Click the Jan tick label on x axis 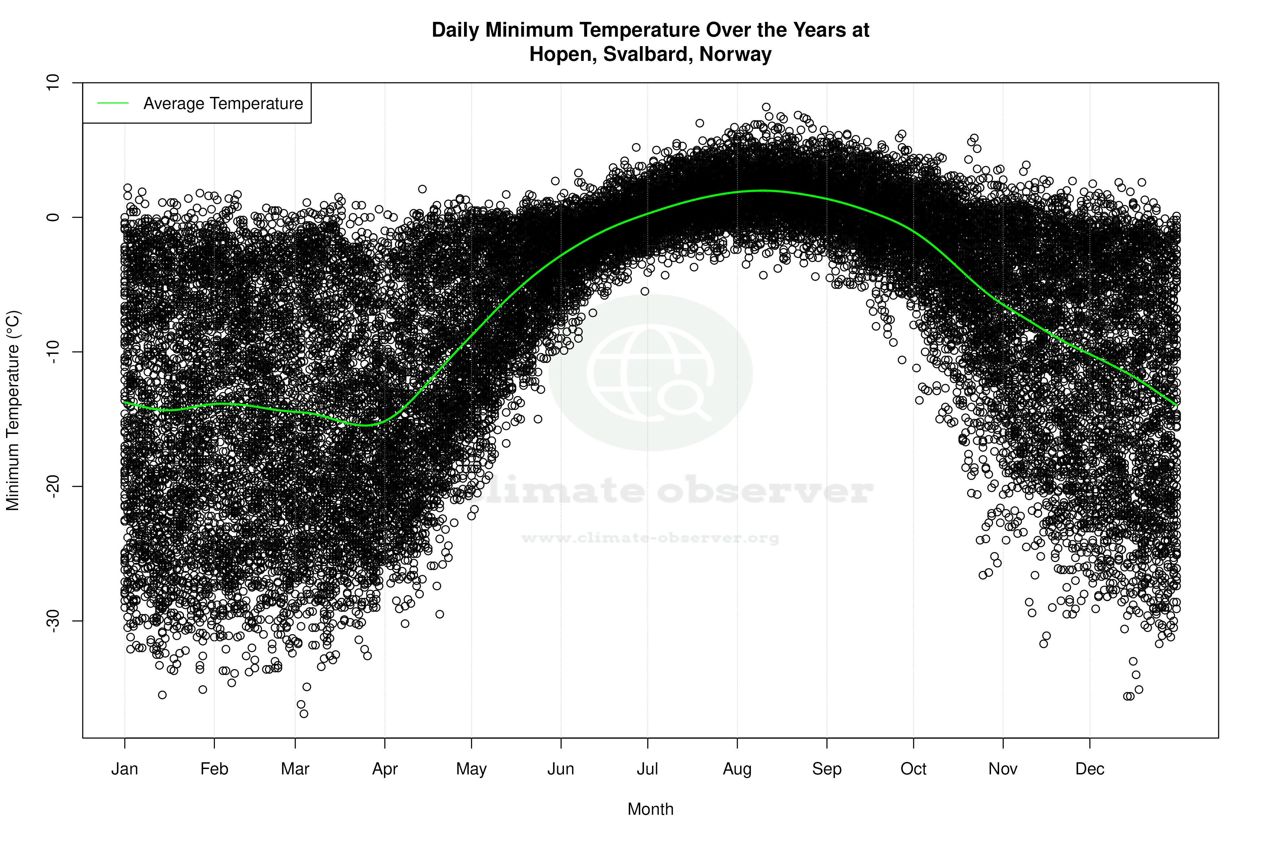[124, 769]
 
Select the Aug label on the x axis [737, 769]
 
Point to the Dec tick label [1090, 769]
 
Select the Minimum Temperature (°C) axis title [13, 410]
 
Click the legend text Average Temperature [223, 104]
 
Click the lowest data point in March [304, 714]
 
